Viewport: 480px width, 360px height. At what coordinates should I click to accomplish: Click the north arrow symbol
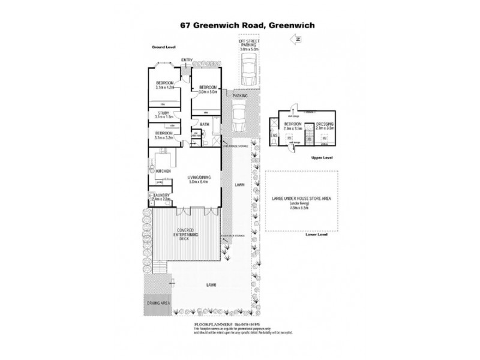(295, 39)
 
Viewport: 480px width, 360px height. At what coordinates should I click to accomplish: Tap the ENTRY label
(187, 59)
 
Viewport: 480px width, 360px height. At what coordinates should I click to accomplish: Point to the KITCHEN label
(164, 171)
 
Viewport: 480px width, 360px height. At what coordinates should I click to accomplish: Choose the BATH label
(204, 125)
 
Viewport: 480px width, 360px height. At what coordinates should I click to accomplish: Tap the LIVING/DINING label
(199, 177)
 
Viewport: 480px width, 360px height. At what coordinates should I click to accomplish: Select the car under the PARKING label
(240, 116)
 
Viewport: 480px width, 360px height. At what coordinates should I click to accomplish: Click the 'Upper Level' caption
(322, 157)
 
